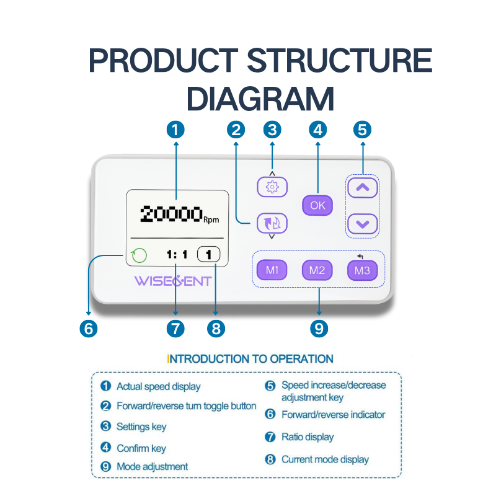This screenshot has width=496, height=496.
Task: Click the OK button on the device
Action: point(317,205)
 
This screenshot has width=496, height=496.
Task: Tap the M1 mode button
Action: point(272,270)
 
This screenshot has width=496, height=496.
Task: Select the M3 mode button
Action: point(362,270)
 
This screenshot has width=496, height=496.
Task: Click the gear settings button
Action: point(272,187)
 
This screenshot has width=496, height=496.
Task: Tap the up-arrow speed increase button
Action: point(363,187)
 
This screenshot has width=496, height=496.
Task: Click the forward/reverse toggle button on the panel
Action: point(272,221)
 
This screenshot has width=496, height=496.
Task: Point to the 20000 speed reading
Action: point(172,214)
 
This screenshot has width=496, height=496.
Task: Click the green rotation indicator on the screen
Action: point(139,255)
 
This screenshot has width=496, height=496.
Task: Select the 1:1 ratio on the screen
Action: point(177,254)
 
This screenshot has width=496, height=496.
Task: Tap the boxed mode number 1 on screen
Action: point(209,254)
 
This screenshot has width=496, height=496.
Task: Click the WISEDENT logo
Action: point(173,281)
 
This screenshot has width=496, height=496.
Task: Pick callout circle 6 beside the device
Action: point(89,328)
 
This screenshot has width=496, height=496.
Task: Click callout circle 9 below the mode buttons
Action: point(319,328)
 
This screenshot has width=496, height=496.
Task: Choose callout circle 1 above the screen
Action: point(176,130)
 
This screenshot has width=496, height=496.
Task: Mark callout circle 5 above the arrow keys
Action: point(362,130)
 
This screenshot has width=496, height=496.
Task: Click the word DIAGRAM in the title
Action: point(260,99)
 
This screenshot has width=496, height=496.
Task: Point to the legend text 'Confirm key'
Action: point(141,448)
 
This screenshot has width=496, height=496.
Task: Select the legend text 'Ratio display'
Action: point(308,437)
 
